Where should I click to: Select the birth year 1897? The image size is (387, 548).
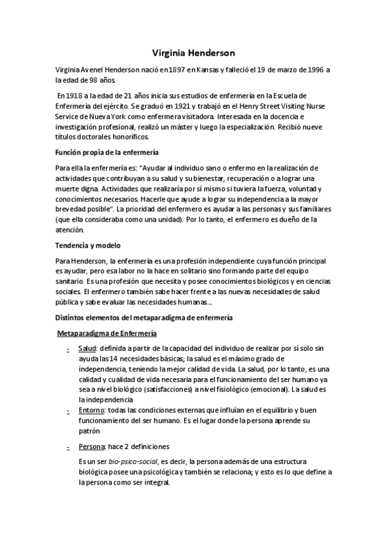[163, 70]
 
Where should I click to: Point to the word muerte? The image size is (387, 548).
[68, 189]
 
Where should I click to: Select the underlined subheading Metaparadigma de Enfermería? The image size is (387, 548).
[107, 333]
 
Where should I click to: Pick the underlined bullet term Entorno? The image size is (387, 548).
[90, 411]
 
